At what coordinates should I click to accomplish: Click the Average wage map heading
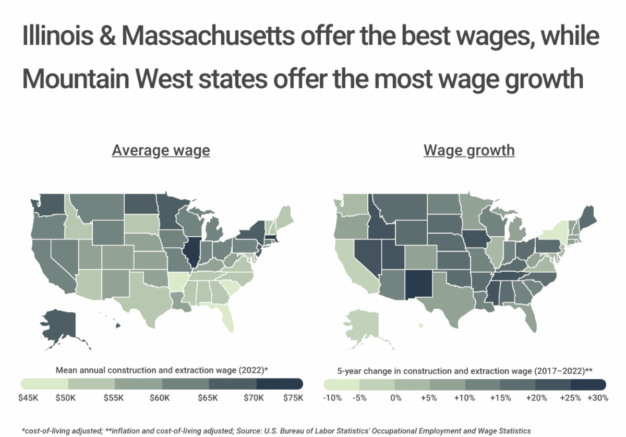pos(161,151)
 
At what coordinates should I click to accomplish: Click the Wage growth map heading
pos(469,151)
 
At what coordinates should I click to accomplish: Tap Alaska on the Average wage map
pos(58,323)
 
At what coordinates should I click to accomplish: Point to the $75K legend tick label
pos(293,398)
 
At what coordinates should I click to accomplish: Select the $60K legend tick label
pos(160,398)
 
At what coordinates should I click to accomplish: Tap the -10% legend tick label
pos(332,398)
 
